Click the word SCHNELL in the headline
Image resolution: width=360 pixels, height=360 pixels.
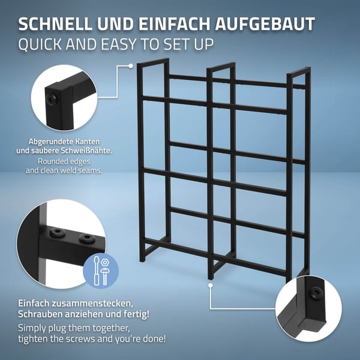[55, 23]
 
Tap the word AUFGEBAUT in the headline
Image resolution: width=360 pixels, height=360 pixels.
[265, 23]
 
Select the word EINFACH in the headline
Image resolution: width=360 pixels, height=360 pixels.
[174, 23]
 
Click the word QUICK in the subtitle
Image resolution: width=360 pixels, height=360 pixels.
[40, 44]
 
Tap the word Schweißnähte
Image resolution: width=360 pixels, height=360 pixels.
[86, 151]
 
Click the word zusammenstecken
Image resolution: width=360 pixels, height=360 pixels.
[92, 303]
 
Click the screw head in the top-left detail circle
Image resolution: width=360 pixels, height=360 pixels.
[51, 99]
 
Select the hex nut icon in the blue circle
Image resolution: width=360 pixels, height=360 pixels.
[105, 262]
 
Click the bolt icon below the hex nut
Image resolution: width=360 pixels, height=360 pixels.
[104, 276]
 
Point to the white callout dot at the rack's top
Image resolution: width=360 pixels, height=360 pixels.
[131, 66]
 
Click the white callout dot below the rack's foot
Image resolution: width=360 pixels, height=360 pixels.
[211, 286]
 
